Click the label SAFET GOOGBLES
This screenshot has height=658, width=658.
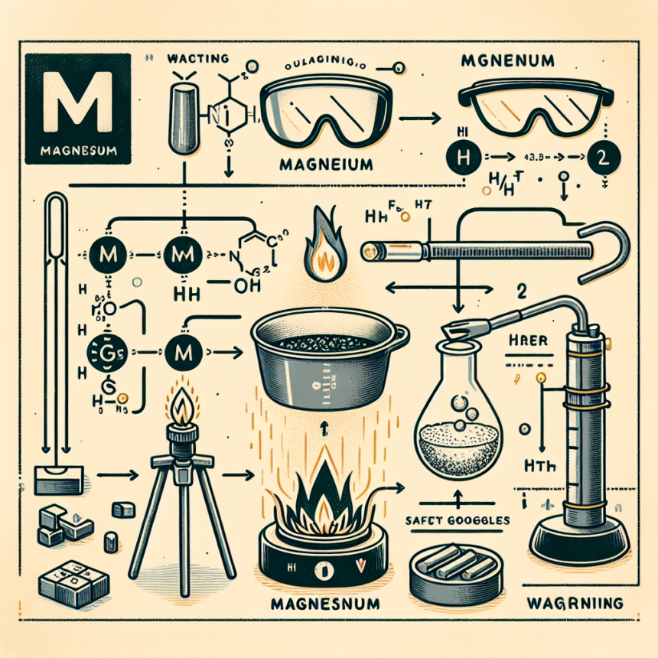454,519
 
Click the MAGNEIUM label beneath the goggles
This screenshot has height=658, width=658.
326,164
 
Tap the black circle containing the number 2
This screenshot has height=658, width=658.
601,162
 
